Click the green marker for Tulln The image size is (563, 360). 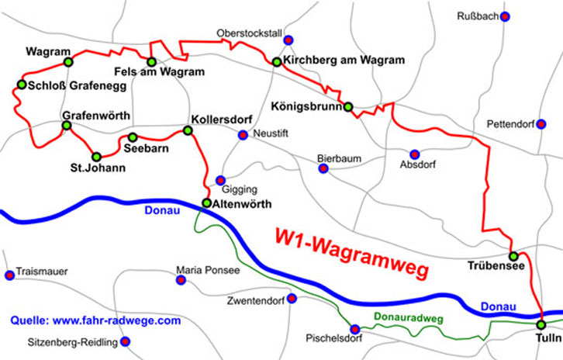click(541, 324)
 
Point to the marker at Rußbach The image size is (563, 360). click(505, 16)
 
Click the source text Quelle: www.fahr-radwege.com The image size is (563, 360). click(95, 320)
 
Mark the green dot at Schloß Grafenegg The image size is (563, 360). click(21, 85)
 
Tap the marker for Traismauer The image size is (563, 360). click(9, 274)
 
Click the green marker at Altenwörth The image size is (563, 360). click(206, 203)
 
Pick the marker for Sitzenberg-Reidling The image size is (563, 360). click(125, 341)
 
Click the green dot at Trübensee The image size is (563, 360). click(513, 256)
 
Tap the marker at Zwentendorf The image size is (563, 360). click(292, 299)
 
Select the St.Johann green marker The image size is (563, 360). click(96, 156)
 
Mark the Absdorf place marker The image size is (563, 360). click(414, 154)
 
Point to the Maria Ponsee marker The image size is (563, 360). click(181, 280)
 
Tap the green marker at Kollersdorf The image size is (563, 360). click(187, 130)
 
